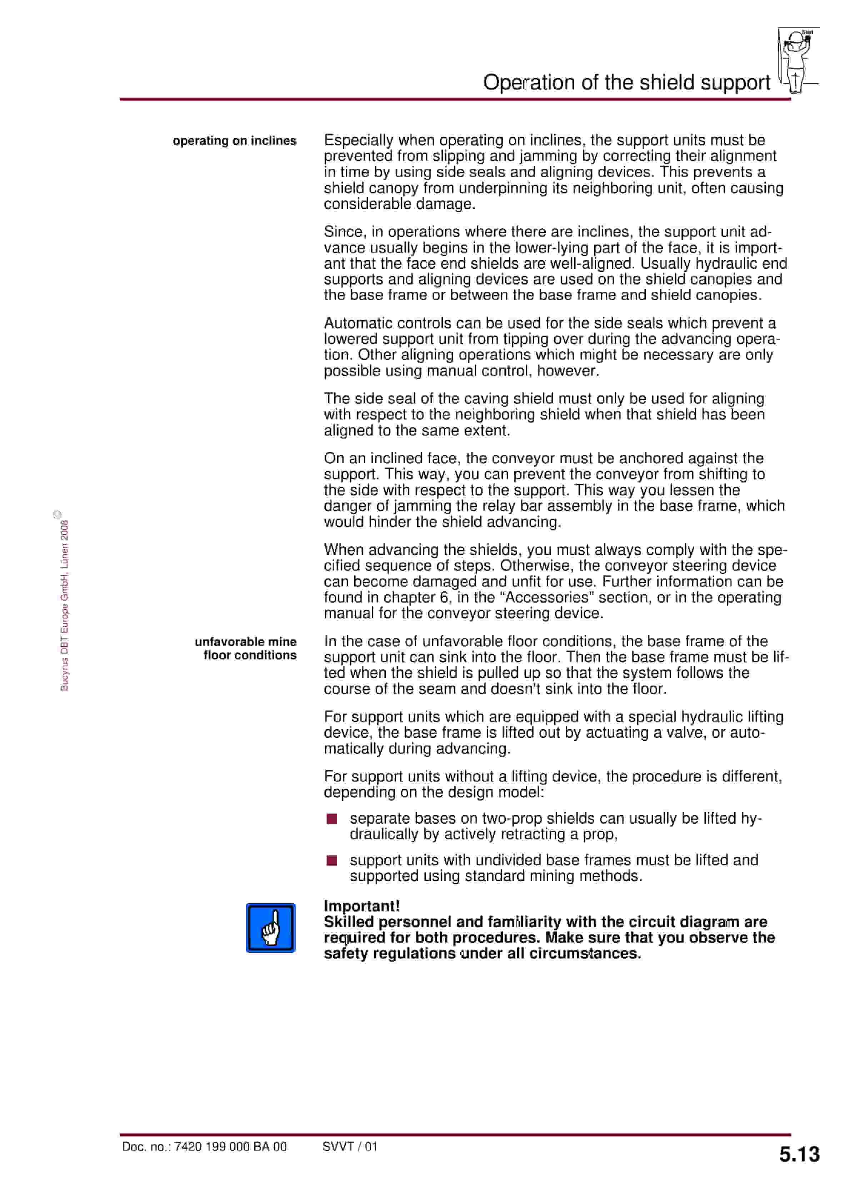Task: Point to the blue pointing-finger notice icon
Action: coord(270,928)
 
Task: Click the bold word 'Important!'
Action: coord(361,906)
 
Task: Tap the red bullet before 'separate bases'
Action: coord(332,819)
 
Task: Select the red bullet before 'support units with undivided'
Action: coord(332,860)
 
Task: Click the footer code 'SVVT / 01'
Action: coord(350,1146)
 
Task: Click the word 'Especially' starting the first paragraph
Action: coord(359,140)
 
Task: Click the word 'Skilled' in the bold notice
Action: coord(349,922)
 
